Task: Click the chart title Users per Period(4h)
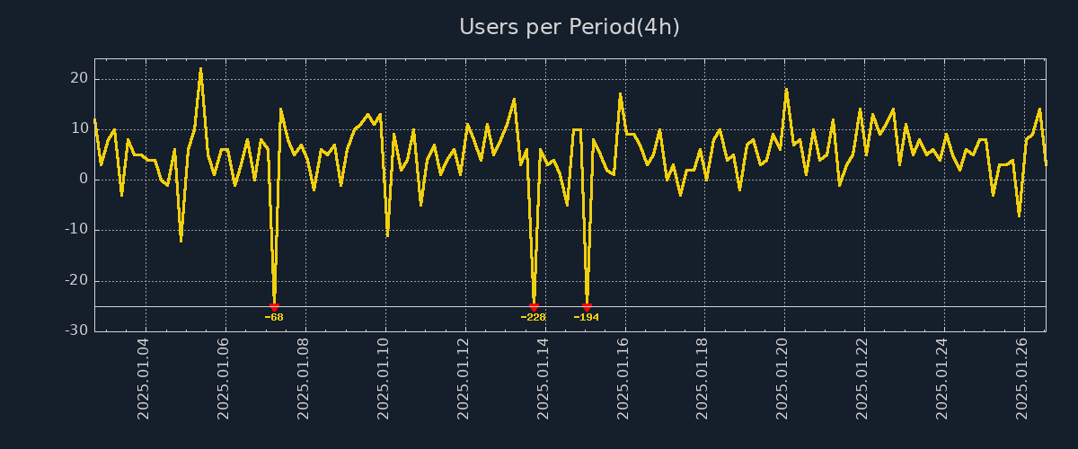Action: click(570, 27)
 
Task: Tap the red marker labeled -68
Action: click(274, 306)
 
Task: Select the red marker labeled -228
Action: click(534, 306)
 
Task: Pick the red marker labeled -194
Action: click(587, 306)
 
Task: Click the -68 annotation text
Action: click(274, 317)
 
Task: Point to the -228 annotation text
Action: click(534, 317)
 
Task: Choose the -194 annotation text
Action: click(587, 317)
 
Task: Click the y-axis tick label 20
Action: click(79, 78)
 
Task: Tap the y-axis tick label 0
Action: click(84, 180)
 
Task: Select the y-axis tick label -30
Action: click(76, 330)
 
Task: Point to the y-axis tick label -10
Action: click(76, 230)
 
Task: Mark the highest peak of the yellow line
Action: click(200, 68)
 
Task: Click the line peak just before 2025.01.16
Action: click(620, 93)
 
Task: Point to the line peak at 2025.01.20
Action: click(786, 88)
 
